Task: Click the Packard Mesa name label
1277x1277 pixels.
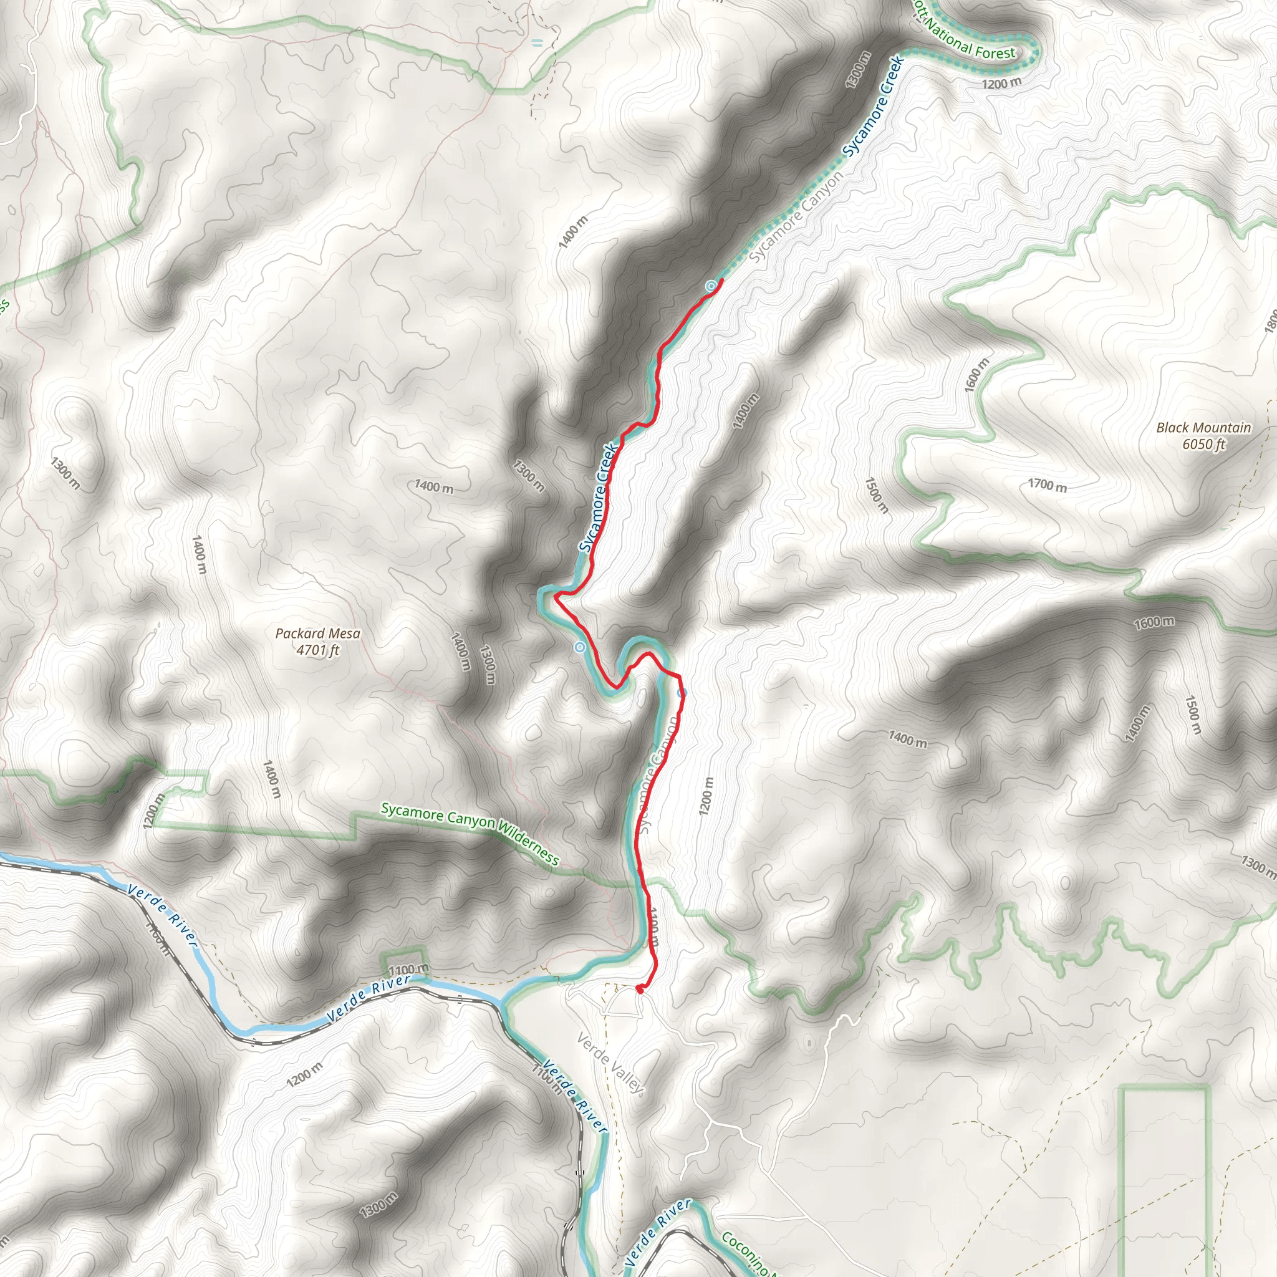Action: click(x=317, y=634)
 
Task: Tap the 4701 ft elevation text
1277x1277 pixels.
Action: click(x=317, y=650)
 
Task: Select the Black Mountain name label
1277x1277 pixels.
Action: click(x=1203, y=428)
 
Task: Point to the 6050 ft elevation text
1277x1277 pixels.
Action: click(x=1203, y=444)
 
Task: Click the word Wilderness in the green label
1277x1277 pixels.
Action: click(x=528, y=841)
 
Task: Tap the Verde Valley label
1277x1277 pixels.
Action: click(x=609, y=1063)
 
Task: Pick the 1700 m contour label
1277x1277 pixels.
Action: click(x=1047, y=486)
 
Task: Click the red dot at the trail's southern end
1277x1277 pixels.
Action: click(x=639, y=989)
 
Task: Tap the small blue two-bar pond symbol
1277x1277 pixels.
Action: click(x=537, y=43)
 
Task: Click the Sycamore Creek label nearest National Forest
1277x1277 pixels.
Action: click(x=874, y=107)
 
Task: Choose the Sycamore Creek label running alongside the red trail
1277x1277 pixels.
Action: click(x=598, y=498)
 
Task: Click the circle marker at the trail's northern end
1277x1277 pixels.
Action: click(x=711, y=286)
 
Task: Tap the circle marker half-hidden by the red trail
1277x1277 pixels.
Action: click(x=682, y=693)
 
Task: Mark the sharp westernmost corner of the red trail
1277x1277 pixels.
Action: click(x=555, y=596)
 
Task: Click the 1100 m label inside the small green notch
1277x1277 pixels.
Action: click(x=408, y=970)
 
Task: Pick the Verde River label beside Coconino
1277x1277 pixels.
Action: click(x=658, y=1233)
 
